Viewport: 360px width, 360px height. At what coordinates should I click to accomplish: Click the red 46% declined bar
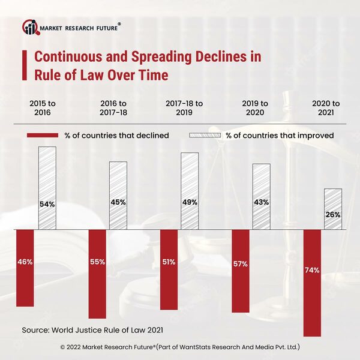pos(25,268)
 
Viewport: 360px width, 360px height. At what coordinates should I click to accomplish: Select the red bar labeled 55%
pos(97,274)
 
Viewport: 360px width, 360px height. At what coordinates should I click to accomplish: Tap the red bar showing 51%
pos(169,269)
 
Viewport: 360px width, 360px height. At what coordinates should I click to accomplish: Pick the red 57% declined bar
pos(240,271)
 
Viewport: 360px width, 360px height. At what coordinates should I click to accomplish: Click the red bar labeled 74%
pos(312,283)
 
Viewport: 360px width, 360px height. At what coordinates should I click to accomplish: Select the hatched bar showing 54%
pos(47,188)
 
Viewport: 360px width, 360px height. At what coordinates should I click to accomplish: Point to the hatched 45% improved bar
pos(118,196)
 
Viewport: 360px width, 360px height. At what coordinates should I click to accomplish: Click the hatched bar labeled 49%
pos(190,191)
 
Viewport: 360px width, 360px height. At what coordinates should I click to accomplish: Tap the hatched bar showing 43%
pos(261,197)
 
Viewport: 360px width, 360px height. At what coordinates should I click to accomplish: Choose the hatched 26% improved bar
pos(332,209)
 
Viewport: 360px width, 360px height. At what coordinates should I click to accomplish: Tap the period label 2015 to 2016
pos(40,108)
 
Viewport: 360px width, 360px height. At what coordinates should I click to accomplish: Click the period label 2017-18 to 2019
pos(184,108)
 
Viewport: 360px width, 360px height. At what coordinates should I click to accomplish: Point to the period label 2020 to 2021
pos(326,108)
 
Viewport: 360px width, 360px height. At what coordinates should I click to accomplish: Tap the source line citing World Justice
pos(92,329)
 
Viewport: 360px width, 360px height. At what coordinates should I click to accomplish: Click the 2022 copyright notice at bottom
pos(180,347)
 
